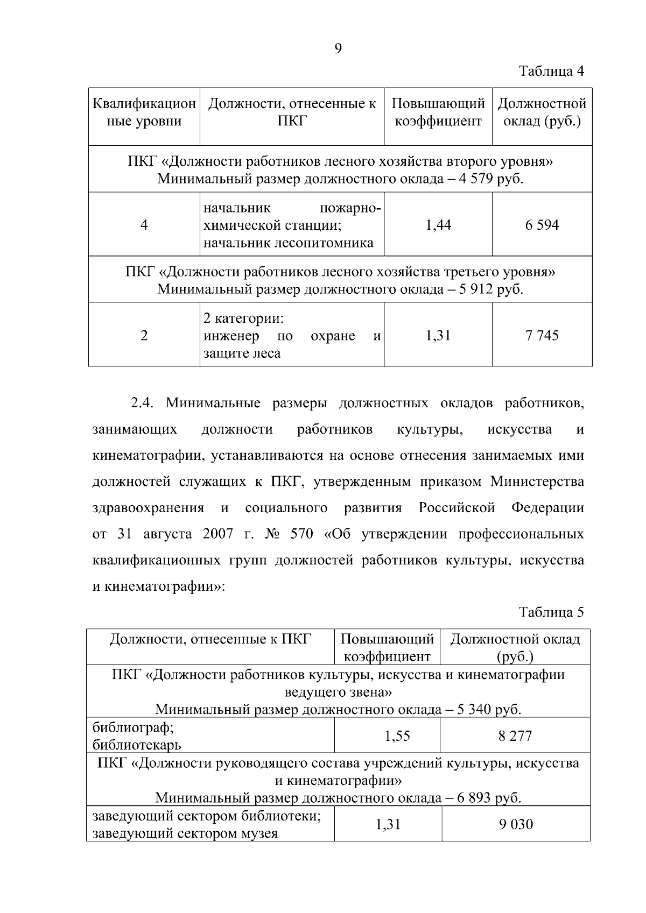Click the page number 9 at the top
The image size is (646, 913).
point(338,49)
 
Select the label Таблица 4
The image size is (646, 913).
point(551,71)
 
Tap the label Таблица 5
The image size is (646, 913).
point(551,612)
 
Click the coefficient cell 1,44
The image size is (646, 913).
point(438,225)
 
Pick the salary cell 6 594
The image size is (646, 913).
point(542,225)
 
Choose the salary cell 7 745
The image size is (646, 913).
point(542,336)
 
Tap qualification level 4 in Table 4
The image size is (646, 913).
point(144,225)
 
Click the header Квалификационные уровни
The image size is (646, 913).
point(144,112)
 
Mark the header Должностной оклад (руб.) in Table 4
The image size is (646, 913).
point(542,112)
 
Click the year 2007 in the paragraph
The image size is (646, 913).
point(218,534)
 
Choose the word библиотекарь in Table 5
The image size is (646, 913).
point(137,745)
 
